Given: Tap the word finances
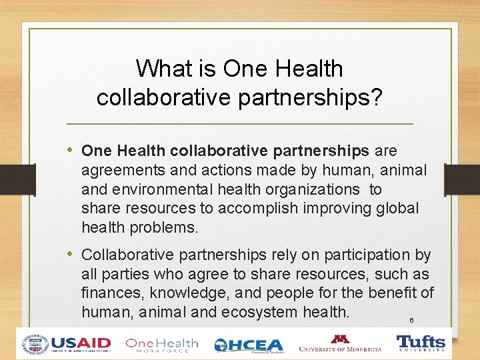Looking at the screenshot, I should click(112, 293).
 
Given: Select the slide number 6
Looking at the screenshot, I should click(411, 321).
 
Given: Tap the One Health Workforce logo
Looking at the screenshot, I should click(161, 344).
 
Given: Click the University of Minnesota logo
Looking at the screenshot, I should click(340, 344).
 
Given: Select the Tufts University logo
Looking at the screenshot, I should click(421, 343).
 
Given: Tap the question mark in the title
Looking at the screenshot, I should click(377, 97).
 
